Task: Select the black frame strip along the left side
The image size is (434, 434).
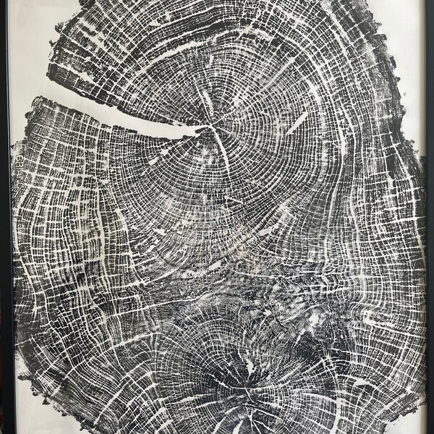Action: [x=5, y=217]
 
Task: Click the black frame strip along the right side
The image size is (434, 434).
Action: [x=430, y=217]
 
